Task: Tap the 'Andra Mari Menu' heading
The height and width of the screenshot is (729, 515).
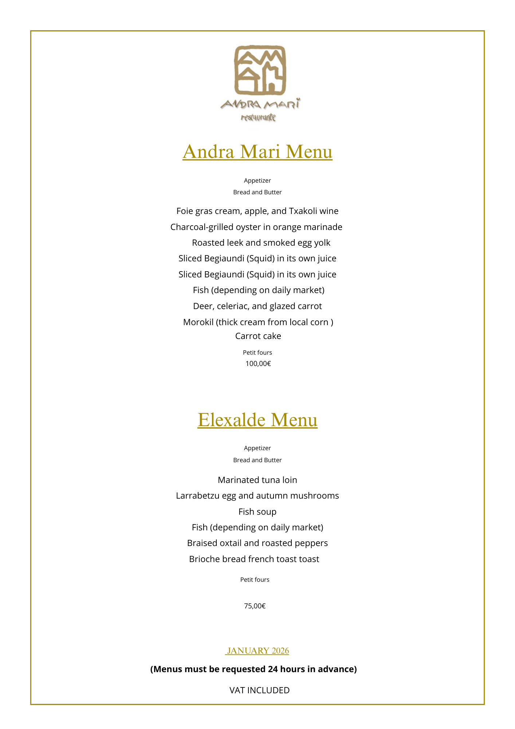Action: coord(257,152)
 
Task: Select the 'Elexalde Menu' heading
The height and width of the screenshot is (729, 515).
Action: coord(257,420)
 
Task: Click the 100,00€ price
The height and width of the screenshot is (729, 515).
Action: coord(258,364)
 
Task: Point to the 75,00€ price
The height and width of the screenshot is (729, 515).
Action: coord(255,606)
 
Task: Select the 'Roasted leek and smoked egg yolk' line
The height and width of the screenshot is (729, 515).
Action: coord(261,243)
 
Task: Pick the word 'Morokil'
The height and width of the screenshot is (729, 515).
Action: coord(198,322)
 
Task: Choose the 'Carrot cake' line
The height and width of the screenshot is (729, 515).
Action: coord(258,336)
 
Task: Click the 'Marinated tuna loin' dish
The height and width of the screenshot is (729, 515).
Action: coord(257,480)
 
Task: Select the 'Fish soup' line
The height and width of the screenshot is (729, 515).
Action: coord(257,512)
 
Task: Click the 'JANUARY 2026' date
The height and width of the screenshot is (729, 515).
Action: coord(257,651)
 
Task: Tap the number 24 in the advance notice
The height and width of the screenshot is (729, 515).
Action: coord(273,669)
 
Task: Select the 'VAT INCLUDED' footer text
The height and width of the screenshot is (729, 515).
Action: coord(259,690)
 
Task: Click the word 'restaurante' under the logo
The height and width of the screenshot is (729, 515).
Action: coord(258,117)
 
